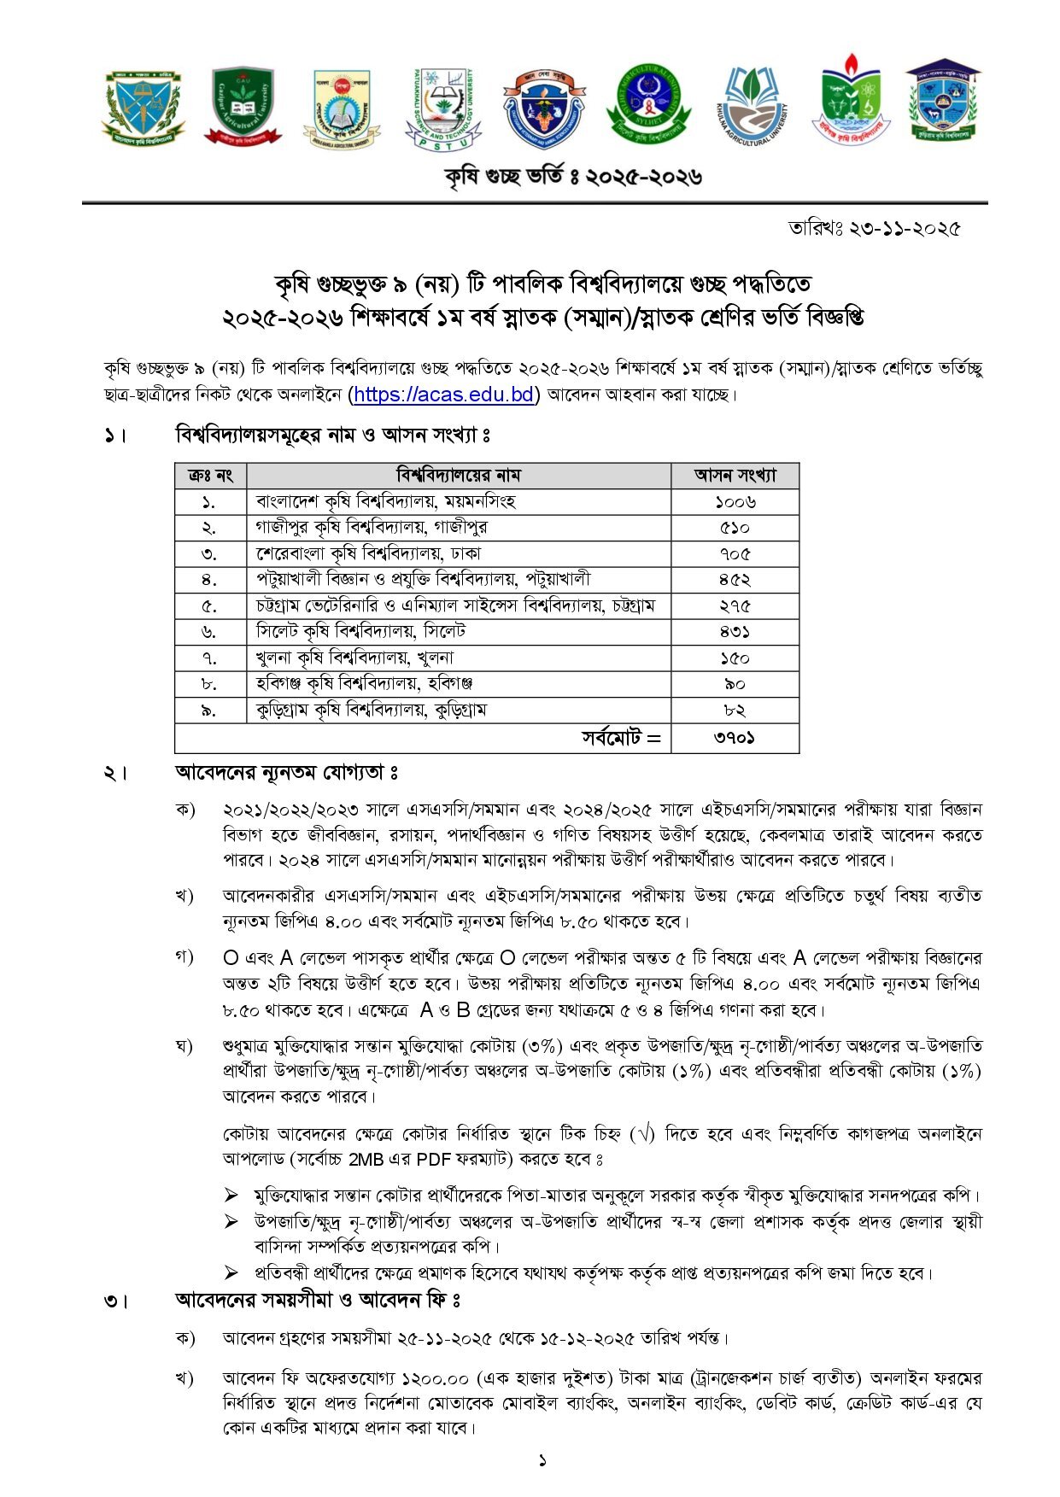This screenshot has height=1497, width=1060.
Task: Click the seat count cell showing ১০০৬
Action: coord(735,501)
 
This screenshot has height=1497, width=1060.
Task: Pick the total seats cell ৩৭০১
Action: coord(735,738)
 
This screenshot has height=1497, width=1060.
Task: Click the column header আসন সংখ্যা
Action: coord(735,475)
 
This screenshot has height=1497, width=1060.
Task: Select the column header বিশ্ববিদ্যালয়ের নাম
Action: coord(458,475)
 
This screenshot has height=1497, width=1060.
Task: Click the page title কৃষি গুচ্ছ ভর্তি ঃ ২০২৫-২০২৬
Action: coord(573,177)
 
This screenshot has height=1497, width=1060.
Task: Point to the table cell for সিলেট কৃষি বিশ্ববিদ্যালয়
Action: coord(360,632)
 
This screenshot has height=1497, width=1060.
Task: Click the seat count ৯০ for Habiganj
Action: coord(735,684)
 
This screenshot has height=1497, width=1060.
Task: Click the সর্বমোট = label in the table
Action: coord(621,738)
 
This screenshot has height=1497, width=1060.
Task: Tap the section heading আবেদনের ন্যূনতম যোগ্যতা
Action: coord(286,773)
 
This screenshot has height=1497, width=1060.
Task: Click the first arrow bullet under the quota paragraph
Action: coord(231,1196)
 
